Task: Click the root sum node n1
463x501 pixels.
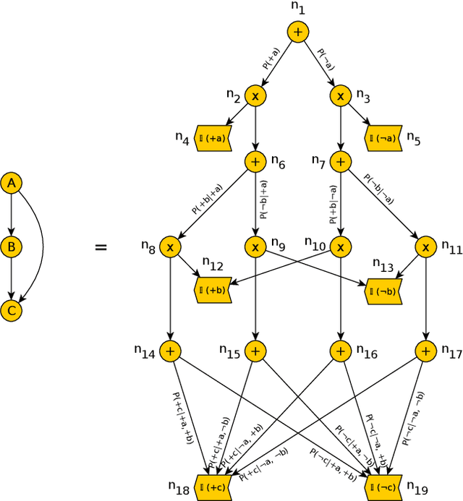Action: pyautogui.click(x=298, y=32)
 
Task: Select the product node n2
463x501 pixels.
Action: pyautogui.click(x=255, y=95)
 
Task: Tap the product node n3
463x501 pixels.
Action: pyautogui.click(x=340, y=95)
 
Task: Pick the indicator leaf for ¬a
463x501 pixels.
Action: pyautogui.click(x=383, y=137)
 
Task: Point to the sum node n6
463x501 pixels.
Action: pyautogui.click(x=255, y=162)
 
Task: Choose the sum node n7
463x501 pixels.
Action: pyautogui.click(x=340, y=162)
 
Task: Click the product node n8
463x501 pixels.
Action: pyautogui.click(x=171, y=247)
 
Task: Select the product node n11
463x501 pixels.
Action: pyautogui.click(x=425, y=247)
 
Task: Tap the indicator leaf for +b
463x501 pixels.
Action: pyautogui.click(x=213, y=290)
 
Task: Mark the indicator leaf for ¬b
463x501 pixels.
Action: pyautogui.click(x=383, y=290)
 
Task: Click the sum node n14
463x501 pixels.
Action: pyautogui.click(x=171, y=351)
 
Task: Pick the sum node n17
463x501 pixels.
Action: pyautogui.click(x=425, y=351)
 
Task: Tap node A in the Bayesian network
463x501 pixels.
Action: pyautogui.click(x=11, y=184)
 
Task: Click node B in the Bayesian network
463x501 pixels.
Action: pyautogui.click(x=11, y=247)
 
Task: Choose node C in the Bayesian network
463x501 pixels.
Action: pyautogui.click(x=11, y=311)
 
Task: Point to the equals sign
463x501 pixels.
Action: pyautogui.click(x=101, y=248)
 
